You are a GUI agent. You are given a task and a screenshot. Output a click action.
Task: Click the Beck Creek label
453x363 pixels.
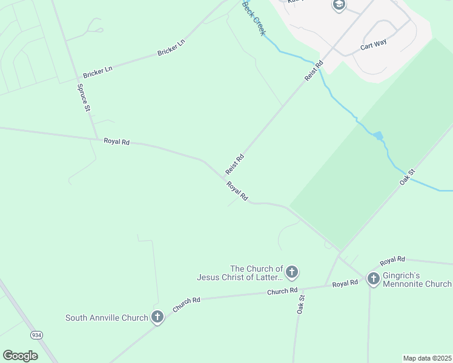[x=254, y=18]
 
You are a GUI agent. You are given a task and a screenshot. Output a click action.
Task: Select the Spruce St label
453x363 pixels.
[x=83, y=97]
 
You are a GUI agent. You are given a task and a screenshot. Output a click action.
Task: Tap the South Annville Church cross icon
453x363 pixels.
[x=157, y=317]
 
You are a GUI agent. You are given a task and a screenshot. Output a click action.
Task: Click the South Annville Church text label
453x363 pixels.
[x=107, y=318]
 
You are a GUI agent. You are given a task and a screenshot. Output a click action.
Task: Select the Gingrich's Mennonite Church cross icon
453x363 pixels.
[x=373, y=278]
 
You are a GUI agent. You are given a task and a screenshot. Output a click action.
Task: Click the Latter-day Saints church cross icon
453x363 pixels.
[x=292, y=272]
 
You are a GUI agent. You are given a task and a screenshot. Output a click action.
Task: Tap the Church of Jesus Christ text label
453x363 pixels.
[x=240, y=273]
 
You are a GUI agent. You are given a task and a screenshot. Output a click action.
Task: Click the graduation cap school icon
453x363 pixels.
[x=339, y=5]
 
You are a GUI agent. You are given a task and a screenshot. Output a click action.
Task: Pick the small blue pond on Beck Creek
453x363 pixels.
[x=379, y=136]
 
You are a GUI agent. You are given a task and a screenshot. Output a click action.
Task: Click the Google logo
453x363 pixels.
[x=20, y=355]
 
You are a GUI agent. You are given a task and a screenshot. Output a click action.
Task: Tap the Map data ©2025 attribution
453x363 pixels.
[x=427, y=358]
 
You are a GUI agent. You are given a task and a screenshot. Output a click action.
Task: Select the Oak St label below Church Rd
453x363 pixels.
[x=301, y=304]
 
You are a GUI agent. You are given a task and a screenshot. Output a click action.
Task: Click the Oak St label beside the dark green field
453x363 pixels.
[x=406, y=177]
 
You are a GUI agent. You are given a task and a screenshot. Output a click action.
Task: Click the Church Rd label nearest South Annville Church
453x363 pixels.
[x=187, y=304]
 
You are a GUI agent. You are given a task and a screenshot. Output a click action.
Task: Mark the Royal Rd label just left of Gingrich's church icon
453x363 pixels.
[x=345, y=283]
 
